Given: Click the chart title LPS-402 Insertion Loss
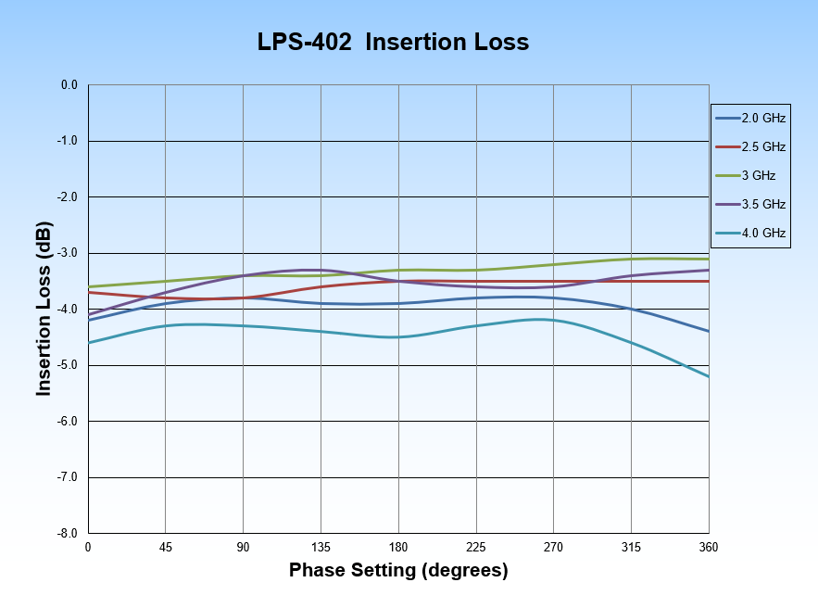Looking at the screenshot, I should click(x=393, y=43).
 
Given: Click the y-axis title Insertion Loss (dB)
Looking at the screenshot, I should click(x=44, y=309).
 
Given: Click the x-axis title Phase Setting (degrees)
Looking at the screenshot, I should click(x=398, y=570).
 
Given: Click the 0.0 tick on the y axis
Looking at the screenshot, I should click(x=69, y=85).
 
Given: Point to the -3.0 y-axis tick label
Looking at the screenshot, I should click(x=68, y=253).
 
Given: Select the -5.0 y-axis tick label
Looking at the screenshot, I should click(x=68, y=365).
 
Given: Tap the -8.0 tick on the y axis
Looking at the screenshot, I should click(x=68, y=534).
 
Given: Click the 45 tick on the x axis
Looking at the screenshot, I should click(x=165, y=548).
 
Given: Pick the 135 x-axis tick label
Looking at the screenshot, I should click(x=321, y=548).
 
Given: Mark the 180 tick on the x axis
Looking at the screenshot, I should click(x=398, y=548).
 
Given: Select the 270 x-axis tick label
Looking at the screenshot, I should click(x=554, y=548).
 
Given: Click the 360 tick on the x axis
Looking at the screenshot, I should click(x=709, y=548).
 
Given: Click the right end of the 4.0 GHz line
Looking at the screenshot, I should click(x=709, y=376).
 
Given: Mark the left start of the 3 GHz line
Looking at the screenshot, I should click(x=89, y=287).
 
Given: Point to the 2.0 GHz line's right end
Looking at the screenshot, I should click(x=709, y=331).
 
